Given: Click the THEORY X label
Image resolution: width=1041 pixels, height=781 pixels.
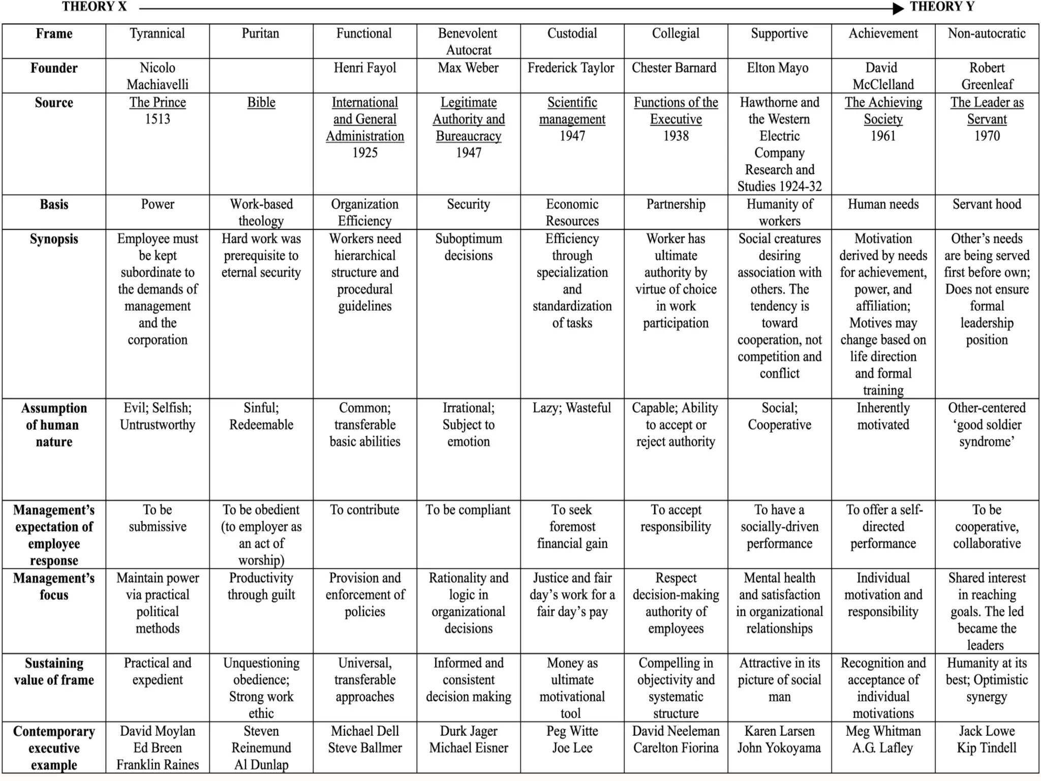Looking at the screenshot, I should click(x=94, y=7).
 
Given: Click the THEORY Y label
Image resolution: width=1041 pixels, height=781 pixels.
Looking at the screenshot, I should click(x=941, y=7).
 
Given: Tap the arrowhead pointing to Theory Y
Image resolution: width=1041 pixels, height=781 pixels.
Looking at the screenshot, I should click(x=898, y=8).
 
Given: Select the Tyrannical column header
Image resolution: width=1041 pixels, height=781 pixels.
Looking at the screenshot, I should click(x=157, y=34).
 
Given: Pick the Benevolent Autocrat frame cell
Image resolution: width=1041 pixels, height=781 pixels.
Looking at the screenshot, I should click(x=468, y=42).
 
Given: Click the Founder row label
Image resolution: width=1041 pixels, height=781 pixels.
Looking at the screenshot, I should click(x=54, y=68).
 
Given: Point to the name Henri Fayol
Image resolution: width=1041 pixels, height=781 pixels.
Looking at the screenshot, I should click(x=364, y=68).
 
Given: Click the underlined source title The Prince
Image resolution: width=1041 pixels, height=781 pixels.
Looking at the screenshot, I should click(x=158, y=102).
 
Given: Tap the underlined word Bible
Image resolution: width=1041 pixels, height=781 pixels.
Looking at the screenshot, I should click(x=261, y=102).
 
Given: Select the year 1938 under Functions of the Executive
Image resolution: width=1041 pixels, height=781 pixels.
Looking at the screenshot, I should click(x=676, y=136).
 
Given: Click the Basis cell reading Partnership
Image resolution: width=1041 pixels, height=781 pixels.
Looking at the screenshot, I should click(x=676, y=204).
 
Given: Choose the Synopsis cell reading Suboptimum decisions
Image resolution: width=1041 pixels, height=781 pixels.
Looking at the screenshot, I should click(x=468, y=247).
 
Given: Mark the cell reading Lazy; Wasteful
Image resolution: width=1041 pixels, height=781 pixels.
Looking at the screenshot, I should click(x=572, y=408).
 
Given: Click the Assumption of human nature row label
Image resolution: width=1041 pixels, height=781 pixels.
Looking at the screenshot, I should click(x=54, y=425).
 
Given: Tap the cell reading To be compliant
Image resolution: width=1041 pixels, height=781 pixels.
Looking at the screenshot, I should click(x=468, y=510).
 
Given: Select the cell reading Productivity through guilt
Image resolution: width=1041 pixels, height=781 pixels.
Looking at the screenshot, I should click(x=261, y=586).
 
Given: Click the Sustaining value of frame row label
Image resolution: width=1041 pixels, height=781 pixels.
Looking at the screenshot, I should click(x=54, y=671).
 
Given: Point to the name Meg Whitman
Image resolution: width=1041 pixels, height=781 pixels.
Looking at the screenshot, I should click(x=883, y=731).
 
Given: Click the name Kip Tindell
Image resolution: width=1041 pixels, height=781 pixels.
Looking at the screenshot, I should click(x=987, y=748).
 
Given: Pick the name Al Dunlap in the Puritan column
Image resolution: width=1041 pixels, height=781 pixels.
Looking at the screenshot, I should click(x=261, y=765).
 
